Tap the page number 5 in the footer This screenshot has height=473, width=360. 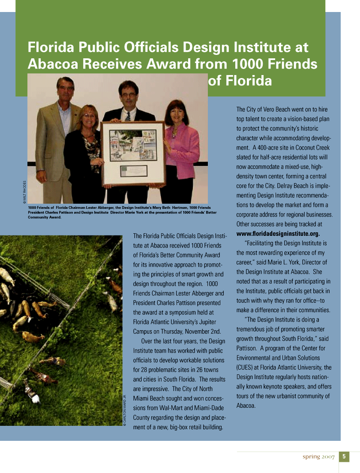point(344,457)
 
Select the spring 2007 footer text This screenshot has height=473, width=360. point(318,457)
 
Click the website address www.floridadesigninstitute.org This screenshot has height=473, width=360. point(278,234)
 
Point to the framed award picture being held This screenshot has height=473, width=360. point(133,154)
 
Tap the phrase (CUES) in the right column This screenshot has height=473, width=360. point(246,368)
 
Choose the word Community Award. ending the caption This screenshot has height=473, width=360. point(45,217)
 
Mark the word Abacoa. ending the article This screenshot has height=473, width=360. point(246,406)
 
